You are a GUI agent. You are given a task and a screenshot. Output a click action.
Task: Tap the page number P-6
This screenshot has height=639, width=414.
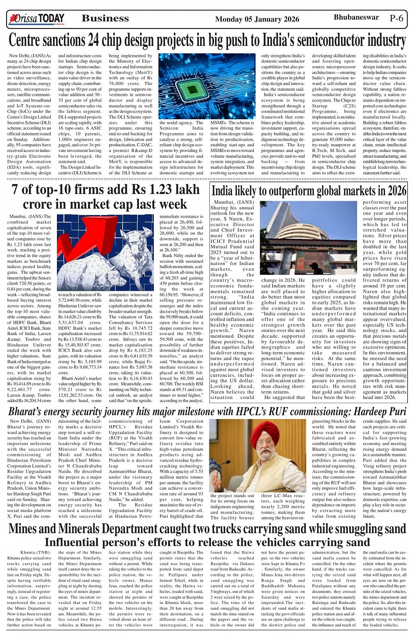point(396,18)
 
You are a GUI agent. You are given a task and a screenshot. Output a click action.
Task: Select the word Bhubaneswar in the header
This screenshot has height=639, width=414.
point(356,18)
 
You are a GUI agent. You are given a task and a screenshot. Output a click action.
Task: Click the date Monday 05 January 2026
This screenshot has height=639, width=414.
point(257,19)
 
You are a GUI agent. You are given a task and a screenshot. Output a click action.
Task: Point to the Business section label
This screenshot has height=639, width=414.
point(105,18)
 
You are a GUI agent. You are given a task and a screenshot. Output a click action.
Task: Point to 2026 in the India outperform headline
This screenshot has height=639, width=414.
point(396,191)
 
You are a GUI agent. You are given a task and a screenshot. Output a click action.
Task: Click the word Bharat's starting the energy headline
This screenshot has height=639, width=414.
point(27,412)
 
